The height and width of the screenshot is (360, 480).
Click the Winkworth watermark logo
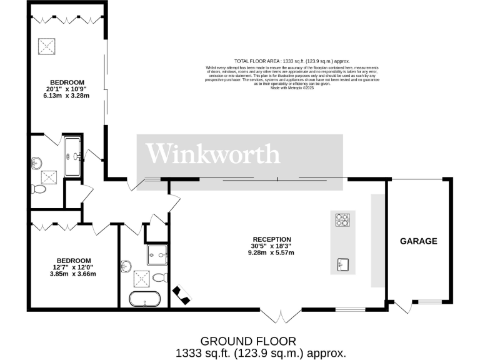coord(212,154)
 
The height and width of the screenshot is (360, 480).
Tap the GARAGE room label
coord(418,241)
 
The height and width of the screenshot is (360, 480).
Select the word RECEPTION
coord(272,239)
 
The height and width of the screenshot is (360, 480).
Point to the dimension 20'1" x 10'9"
coord(68,89)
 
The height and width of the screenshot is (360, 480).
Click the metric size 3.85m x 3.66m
coord(74,274)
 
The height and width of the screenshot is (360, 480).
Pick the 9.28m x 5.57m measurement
coord(271,252)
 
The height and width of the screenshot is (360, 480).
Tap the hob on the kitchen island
coord(342,220)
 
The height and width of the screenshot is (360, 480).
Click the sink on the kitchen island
coord(342,264)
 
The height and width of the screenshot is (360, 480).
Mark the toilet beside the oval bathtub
coord(159,277)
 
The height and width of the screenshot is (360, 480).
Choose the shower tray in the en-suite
coord(72,156)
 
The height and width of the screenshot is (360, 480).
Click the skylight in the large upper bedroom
coord(46,46)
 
